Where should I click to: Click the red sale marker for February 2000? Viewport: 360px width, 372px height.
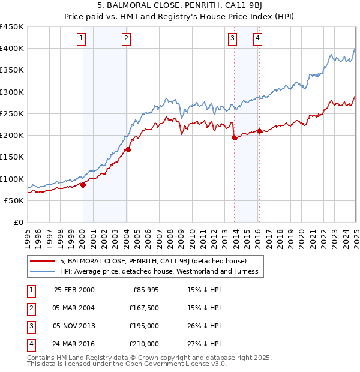tap(83, 185)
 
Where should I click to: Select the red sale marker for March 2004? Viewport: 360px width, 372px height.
tap(128, 150)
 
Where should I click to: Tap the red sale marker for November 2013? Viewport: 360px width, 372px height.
tap(234, 138)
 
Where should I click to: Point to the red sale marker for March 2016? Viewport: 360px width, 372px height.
tap(259, 131)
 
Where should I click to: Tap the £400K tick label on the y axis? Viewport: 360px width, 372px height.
tap(12, 49)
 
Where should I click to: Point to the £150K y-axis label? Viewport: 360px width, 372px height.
tap(12, 157)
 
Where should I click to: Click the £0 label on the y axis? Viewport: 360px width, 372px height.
tap(18, 222)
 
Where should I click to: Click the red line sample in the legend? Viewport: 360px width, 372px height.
tap(43, 261)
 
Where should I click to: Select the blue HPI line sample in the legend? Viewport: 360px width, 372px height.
tap(43, 272)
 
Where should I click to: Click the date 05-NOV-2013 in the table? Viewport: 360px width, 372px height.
tap(74, 326)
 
